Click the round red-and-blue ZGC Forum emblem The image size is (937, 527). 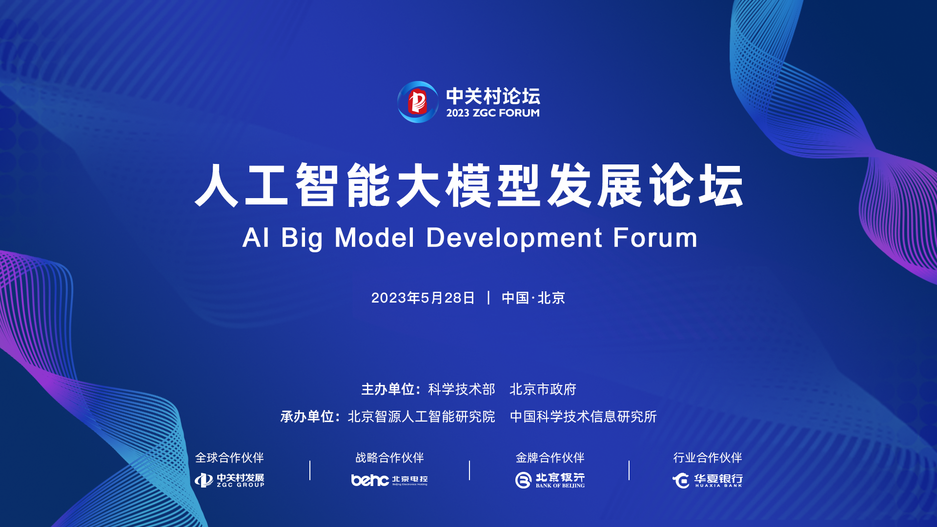pos(418,102)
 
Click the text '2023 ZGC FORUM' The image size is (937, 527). pos(493,113)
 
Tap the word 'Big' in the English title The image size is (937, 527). pos(302,238)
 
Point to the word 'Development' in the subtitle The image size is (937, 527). pos(514,238)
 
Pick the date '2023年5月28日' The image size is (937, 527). pos(423,298)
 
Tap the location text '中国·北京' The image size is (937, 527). pos(533,298)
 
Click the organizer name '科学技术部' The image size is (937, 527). pos(462,389)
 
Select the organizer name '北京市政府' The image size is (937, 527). pos(543,389)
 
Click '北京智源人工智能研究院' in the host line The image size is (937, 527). pos(422,417)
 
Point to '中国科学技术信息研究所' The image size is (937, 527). pos(584,417)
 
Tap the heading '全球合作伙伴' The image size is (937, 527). pos(229,458)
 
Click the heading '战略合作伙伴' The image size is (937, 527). pos(389,458)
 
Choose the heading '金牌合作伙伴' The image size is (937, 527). pos(550,458)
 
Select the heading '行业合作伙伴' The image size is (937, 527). pos(708,458)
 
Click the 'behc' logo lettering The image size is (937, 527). pos(370,480)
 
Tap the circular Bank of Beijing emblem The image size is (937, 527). pos(523,480)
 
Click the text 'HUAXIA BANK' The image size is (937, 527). pos(718,486)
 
